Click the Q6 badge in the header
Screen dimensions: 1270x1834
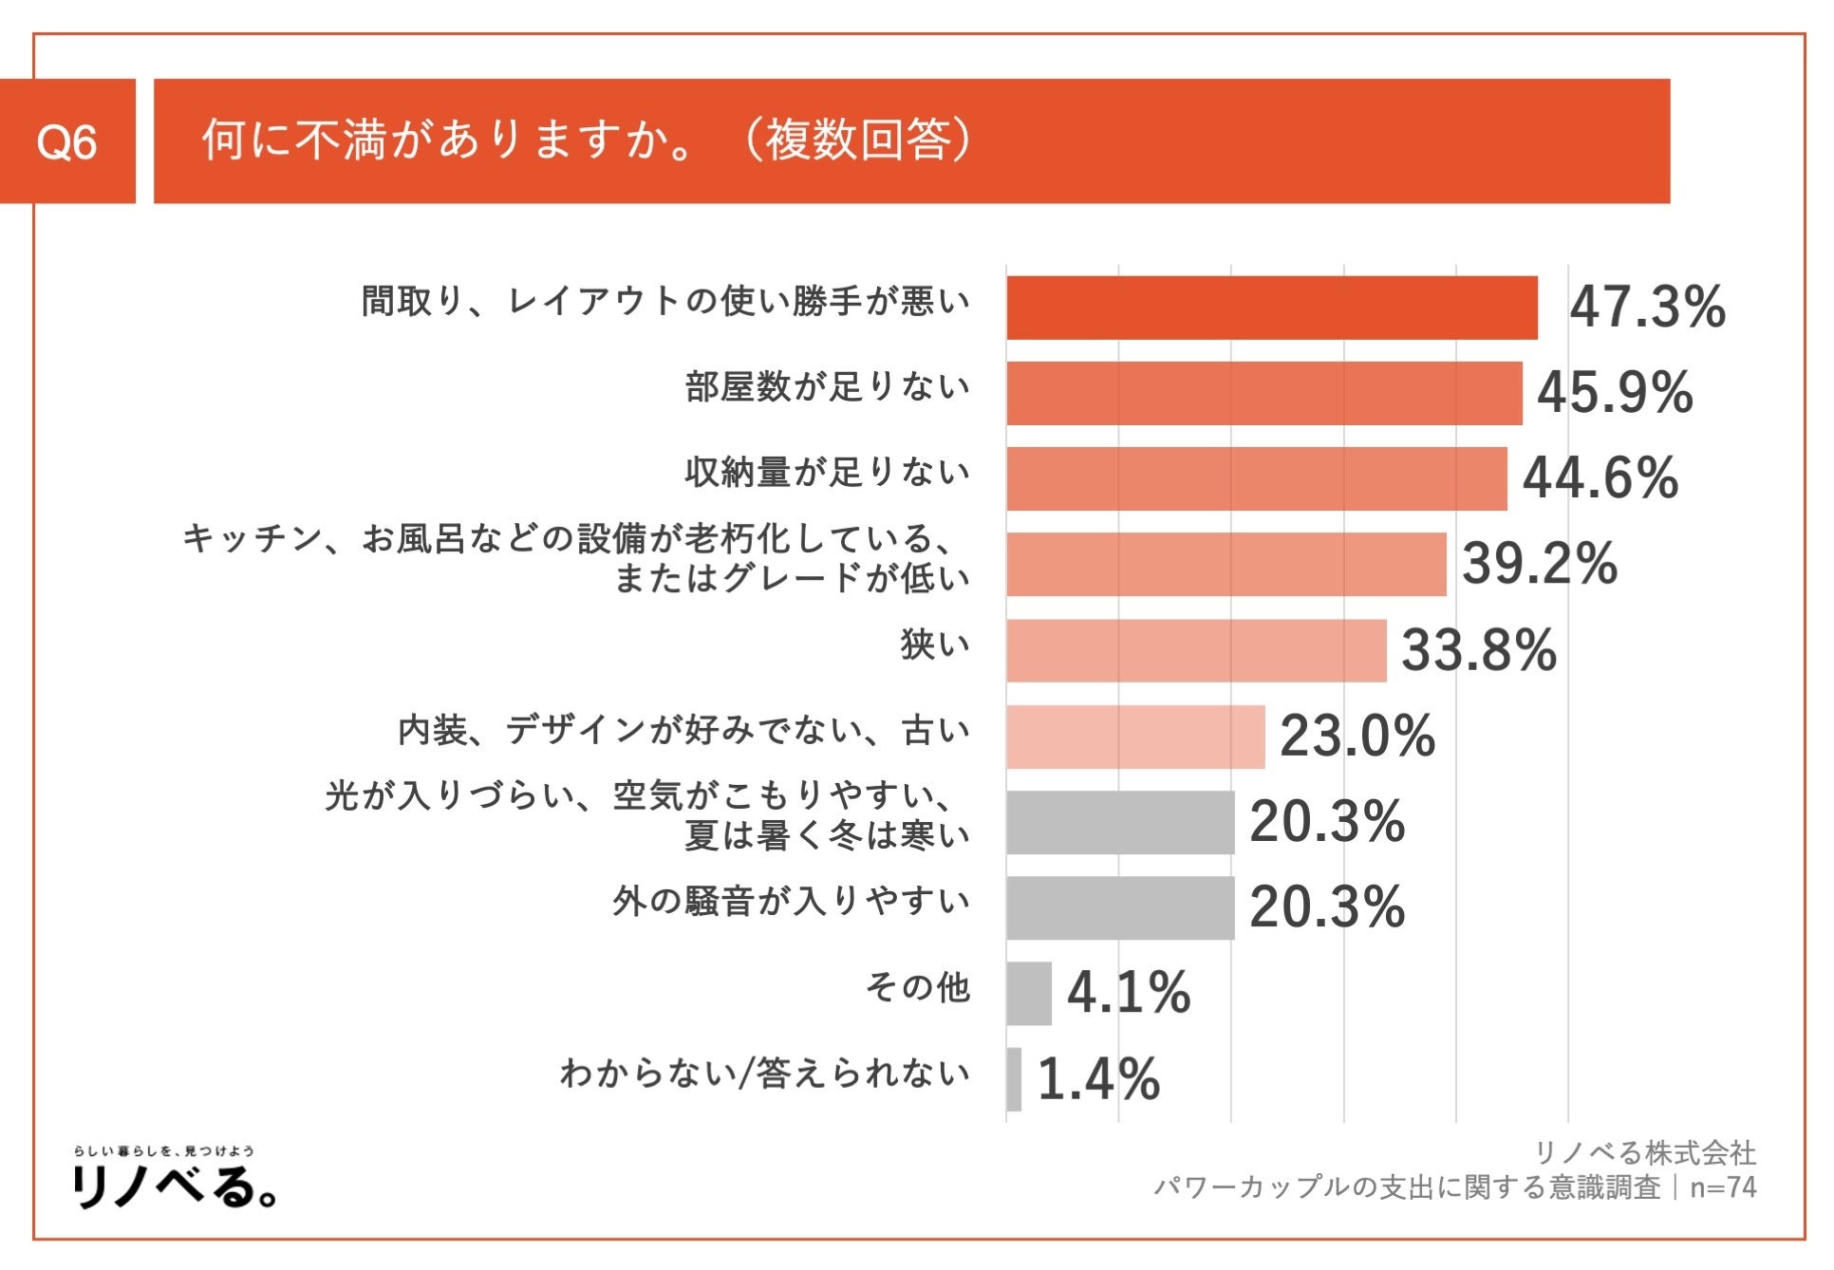[x=66, y=142]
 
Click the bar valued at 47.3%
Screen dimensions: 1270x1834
[x=1271, y=308]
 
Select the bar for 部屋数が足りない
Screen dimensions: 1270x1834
[x=1263, y=393]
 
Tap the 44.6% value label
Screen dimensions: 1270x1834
[x=1600, y=477]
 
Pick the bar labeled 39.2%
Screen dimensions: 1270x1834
[x=1226, y=564]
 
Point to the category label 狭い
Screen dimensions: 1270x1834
[x=935, y=644]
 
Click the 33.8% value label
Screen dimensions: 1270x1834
[x=1479, y=650]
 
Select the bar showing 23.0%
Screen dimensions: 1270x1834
[x=1135, y=737]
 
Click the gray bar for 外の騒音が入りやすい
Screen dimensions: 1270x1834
[x=1120, y=907]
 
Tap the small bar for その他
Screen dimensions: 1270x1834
[x=1029, y=993]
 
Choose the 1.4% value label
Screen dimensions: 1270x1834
[x=1098, y=1079]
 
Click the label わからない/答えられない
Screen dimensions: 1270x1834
[x=764, y=1073]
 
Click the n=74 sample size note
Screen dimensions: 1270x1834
[x=1723, y=1187]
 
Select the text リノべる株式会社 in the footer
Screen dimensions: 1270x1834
[x=1645, y=1153]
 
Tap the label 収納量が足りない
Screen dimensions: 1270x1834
[x=827, y=472]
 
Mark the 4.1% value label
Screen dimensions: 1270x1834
[x=1129, y=993]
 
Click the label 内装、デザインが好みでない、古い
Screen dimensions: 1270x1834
[x=683, y=730]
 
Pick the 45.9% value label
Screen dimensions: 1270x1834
[x=1615, y=392]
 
